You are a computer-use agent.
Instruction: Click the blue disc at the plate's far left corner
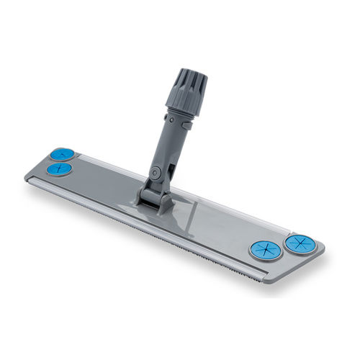coord(63,154)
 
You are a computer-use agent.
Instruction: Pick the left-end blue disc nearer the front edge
coord(58,169)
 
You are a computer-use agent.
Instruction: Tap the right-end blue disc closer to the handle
coord(265,250)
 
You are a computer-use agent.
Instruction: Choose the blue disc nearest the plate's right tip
coord(300,243)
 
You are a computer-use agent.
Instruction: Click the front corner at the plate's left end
coord(27,176)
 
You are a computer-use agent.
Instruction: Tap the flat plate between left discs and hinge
coord(101,184)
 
